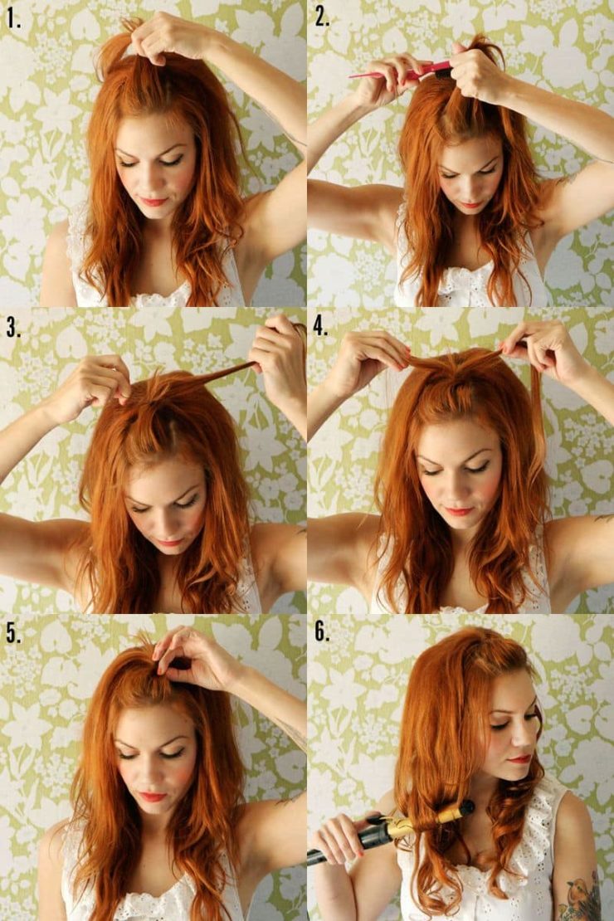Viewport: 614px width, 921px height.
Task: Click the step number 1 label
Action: click(13, 19)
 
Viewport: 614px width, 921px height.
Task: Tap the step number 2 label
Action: click(322, 17)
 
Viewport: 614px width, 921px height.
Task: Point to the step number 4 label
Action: click(322, 326)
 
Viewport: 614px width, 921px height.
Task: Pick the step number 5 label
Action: click(13, 633)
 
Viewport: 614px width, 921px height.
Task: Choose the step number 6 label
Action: click(322, 633)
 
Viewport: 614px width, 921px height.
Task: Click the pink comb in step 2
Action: click(398, 72)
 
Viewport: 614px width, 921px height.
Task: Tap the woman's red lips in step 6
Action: click(519, 758)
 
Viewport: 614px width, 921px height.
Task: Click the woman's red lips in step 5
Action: click(153, 797)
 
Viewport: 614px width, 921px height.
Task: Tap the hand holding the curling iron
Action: click(336, 838)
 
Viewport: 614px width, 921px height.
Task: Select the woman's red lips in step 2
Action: click(470, 204)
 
